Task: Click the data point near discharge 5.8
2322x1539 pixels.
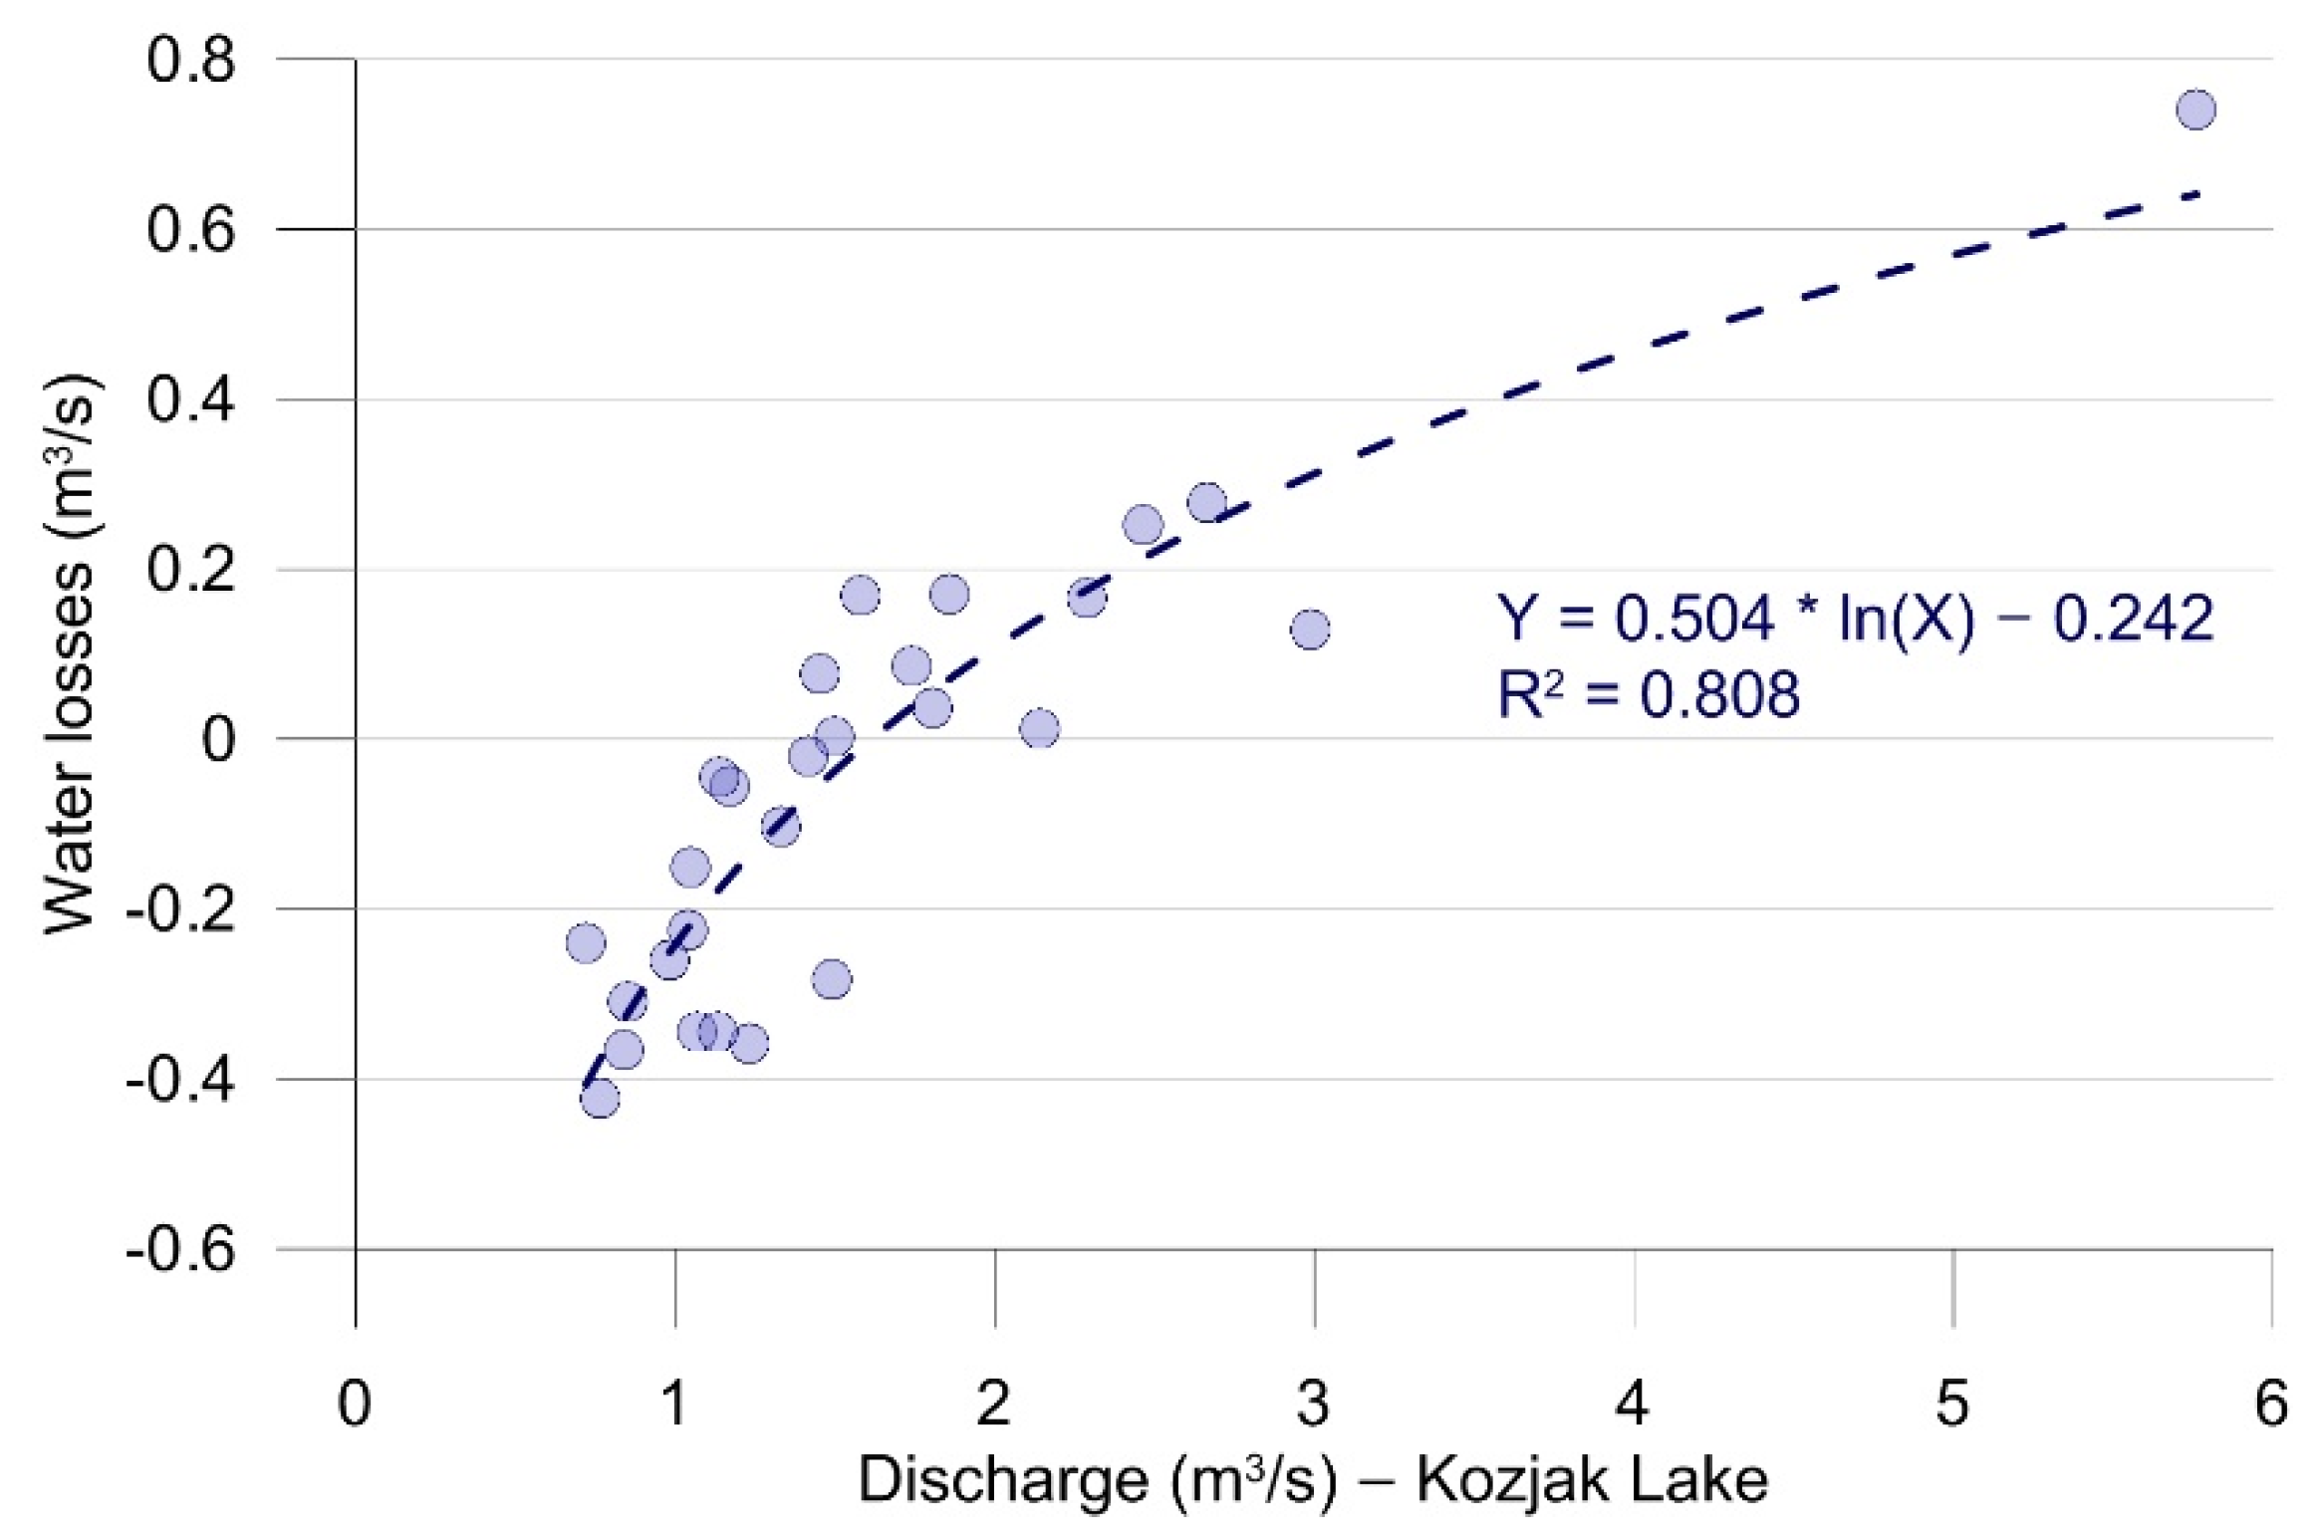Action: coord(2195,109)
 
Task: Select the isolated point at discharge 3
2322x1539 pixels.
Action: coord(1310,629)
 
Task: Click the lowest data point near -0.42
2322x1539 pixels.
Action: coord(599,1099)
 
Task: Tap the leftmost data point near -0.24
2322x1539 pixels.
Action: coord(585,942)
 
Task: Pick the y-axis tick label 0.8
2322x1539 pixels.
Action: coord(190,59)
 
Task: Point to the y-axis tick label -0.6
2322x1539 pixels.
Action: coord(180,1248)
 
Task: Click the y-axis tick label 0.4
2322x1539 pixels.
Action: coord(190,399)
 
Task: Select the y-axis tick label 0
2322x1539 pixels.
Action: coord(218,739)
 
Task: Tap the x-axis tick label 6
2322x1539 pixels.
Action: coord(2271,1403)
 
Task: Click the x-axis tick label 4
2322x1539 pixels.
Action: coord(1633,1403)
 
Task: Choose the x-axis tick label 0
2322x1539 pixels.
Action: coord(355,1403)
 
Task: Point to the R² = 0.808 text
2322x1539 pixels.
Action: coord(1648,694)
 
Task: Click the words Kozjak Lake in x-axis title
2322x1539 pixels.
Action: coord(1592,1479)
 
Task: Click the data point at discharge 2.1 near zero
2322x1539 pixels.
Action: coord(1039,728)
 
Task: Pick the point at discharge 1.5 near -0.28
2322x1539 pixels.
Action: coord(832,979)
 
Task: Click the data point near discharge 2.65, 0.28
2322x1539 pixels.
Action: coord(1206,502)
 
